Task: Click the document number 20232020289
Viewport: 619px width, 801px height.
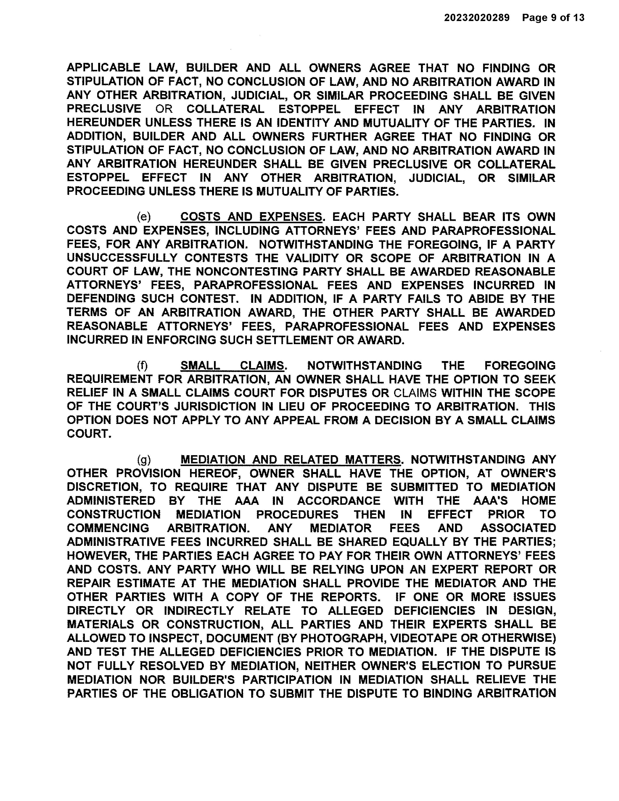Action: click(x=477, y=18)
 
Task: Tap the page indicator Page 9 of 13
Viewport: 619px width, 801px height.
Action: click(x=553, y=18)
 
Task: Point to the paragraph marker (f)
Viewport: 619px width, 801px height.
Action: click(x=142, y=366)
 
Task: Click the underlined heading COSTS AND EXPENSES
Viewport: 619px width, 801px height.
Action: click(x=251, y=217)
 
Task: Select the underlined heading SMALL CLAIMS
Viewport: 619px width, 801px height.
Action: click(x=232, y=366)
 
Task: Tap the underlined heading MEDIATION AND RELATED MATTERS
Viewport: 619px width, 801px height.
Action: click(x=290, y=460)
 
